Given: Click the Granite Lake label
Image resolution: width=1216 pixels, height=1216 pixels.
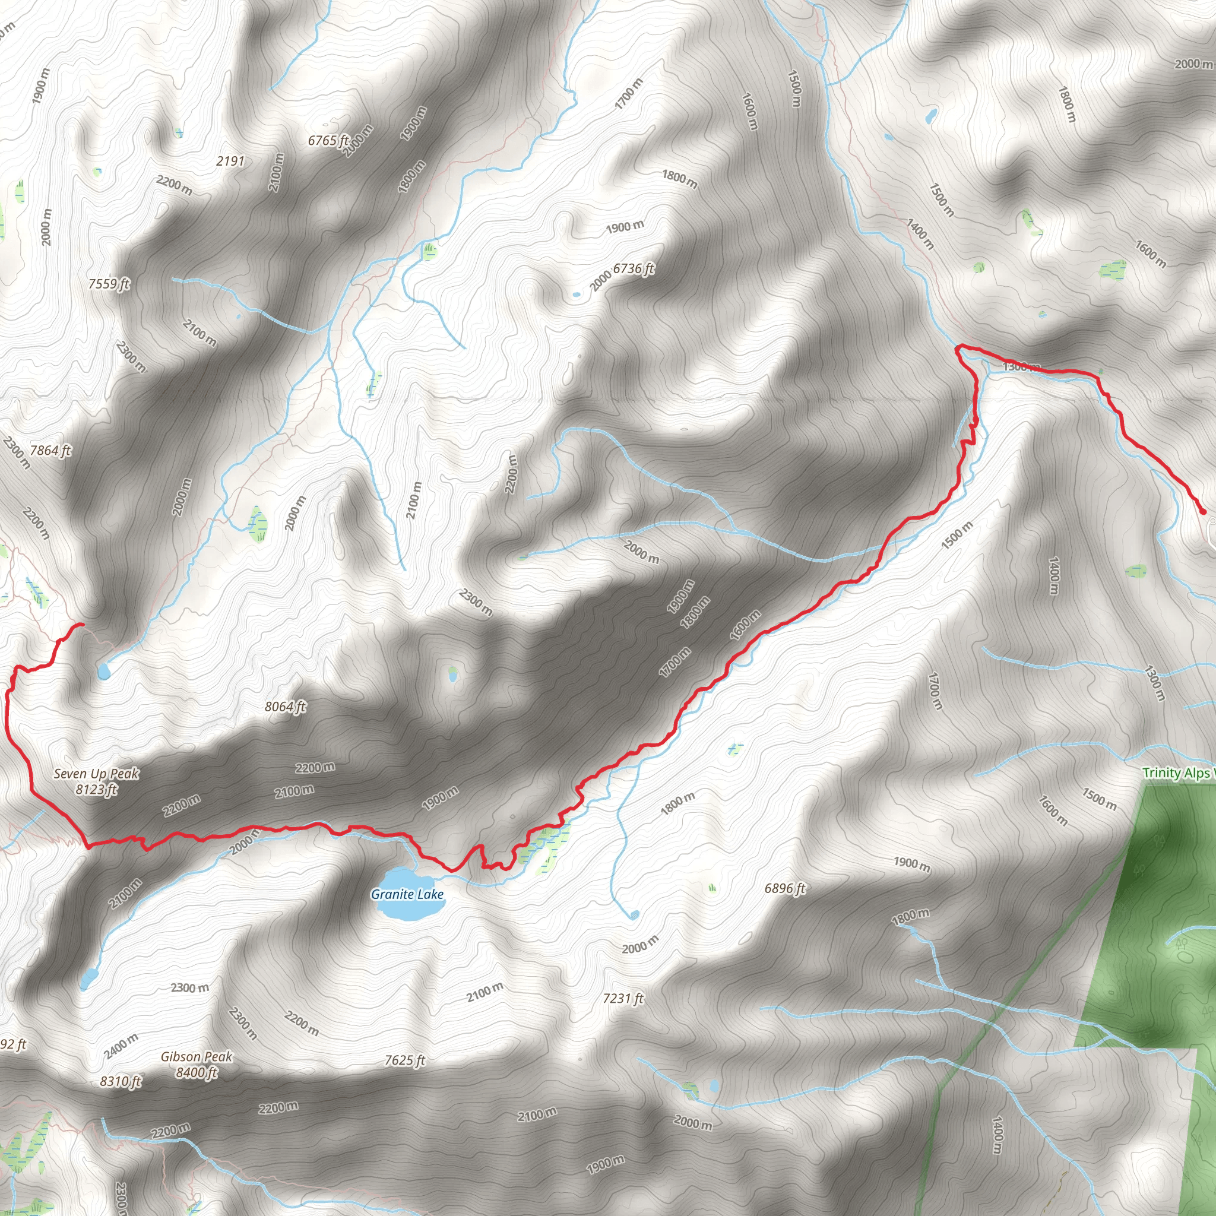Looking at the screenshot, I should click(x=407, y=894).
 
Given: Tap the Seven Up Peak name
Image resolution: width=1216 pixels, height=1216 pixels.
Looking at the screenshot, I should click(x=96, y=774).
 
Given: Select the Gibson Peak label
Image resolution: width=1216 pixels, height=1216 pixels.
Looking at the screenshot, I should click(x=197, y=1057).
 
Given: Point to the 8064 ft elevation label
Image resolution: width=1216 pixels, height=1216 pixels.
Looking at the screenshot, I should click(x=285, y=707).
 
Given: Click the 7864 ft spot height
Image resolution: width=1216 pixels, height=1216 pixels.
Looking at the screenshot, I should click(x=50, y=450).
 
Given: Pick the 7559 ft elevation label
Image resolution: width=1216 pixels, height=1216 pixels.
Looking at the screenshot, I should click(x=109, y=284).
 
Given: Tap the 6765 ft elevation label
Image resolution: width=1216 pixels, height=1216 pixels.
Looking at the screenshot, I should click(x=328, y=140).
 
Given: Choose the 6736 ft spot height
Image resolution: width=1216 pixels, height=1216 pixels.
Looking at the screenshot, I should click(x=633, y=269).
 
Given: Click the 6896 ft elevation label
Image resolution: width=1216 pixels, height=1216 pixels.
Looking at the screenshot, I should click(x=785, y=888).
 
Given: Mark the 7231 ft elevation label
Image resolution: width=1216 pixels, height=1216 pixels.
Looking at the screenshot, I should click(x=623, y=998).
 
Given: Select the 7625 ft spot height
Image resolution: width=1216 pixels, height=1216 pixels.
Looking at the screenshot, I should click(x=405, y=1060).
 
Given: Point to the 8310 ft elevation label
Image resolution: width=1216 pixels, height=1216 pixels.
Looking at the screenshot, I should click(x=120, y=1081).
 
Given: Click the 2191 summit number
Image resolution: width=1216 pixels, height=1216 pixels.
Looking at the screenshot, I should click(x=230, y=161).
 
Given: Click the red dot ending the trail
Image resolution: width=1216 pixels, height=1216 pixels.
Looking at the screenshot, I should click(x=1203, y=512).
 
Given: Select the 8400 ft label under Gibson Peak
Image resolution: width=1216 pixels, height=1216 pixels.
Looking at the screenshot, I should click(x=197, y=1072).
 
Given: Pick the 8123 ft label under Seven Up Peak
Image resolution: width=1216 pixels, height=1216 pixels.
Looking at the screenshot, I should click(x=96, y=789).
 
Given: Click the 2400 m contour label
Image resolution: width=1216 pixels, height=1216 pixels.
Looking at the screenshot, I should click(x=121, y=1046).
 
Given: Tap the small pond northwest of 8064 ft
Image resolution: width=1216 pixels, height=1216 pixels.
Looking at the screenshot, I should click(x=103, y=672).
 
